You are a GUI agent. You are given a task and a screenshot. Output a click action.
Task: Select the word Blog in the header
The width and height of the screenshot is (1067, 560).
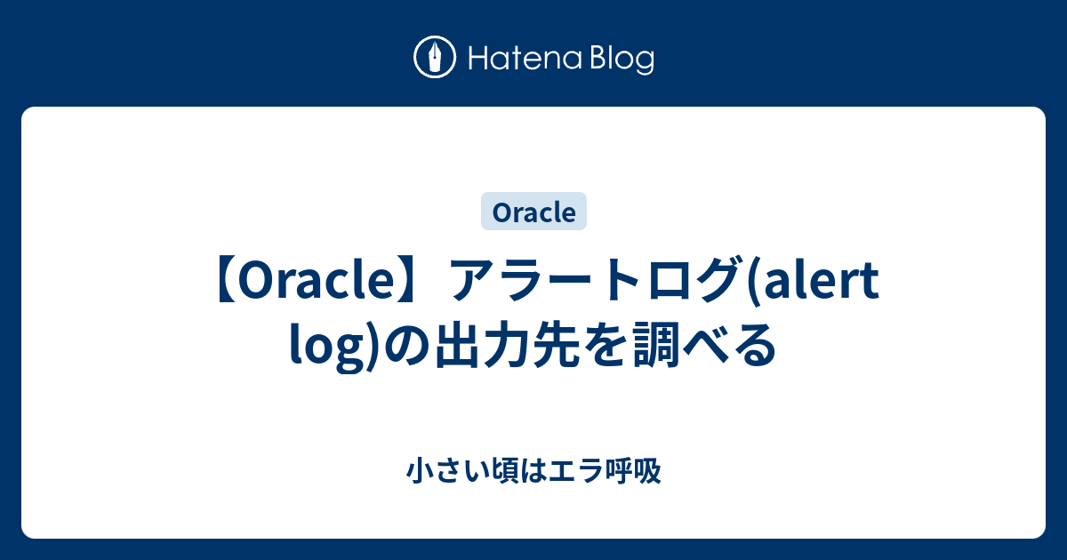point(619,60)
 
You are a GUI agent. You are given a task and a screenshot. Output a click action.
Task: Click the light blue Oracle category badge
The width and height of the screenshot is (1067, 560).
point(533,212)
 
